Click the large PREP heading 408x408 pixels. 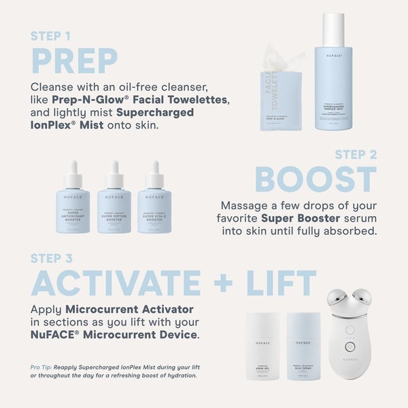[x=75, y=61]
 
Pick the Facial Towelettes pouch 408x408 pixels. [x=279, y=99]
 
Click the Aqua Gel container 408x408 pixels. [x=262, y=347]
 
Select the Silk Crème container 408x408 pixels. [x=303, y=347]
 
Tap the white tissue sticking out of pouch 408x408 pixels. [x=279, y=58]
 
